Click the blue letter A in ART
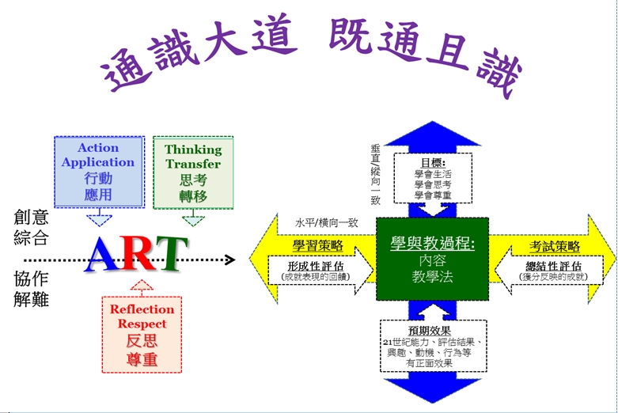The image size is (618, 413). tap(103, 254)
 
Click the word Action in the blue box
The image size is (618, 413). tap(98, 148)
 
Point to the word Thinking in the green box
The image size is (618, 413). tap(193, 150)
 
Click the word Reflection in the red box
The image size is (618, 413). tap(142, 309)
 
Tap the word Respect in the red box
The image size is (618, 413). tap(142, 324)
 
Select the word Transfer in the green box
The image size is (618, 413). tap(193, 164)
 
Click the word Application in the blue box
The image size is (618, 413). tap(98, 162)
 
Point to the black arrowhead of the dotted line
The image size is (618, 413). tap(230, 260)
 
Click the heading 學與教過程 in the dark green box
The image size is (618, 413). tap(432, 243)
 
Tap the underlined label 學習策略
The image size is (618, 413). tap(317, 245)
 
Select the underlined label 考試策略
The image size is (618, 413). tap(555, 246)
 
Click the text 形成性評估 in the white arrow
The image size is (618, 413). tap(316, 267)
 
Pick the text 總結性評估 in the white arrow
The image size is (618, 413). tap(553, 267)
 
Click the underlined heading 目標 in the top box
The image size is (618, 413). tap(433, 162)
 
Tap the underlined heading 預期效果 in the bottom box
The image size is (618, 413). tap(429, 331)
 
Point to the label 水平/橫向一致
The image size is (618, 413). tap(327, 223)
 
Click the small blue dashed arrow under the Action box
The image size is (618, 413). tap(100, 218)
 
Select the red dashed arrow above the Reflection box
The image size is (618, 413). tap(142, 288)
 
